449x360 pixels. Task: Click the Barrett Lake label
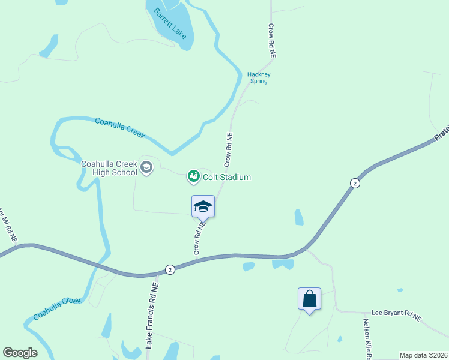[x=170, y=24]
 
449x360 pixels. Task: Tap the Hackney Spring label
[x=259, y=78]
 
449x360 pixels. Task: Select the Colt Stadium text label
[x=226, y=177]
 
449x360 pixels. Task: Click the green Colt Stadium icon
[x=193, y=176]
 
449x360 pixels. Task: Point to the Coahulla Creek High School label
[x=109, y=167]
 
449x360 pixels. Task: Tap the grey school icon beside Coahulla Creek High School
[x=146, y=168]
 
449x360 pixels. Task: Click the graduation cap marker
[x=203, y=206]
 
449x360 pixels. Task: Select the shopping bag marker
[x=309, y=299]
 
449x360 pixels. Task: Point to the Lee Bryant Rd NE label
[x=396, y=313]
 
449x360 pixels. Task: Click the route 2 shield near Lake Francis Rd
[x=170, y=270]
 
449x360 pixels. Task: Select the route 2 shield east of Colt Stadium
[x=355, y=182]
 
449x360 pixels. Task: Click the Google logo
[x=20, y=353]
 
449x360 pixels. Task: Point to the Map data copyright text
[x=423, y=355]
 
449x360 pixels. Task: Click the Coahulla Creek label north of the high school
[x=120, y=128]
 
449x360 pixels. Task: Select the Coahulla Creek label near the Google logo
[x=57, y=308]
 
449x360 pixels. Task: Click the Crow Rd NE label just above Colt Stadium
[x=228, y=150]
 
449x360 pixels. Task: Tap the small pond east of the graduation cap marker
[x=298, y=217]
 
